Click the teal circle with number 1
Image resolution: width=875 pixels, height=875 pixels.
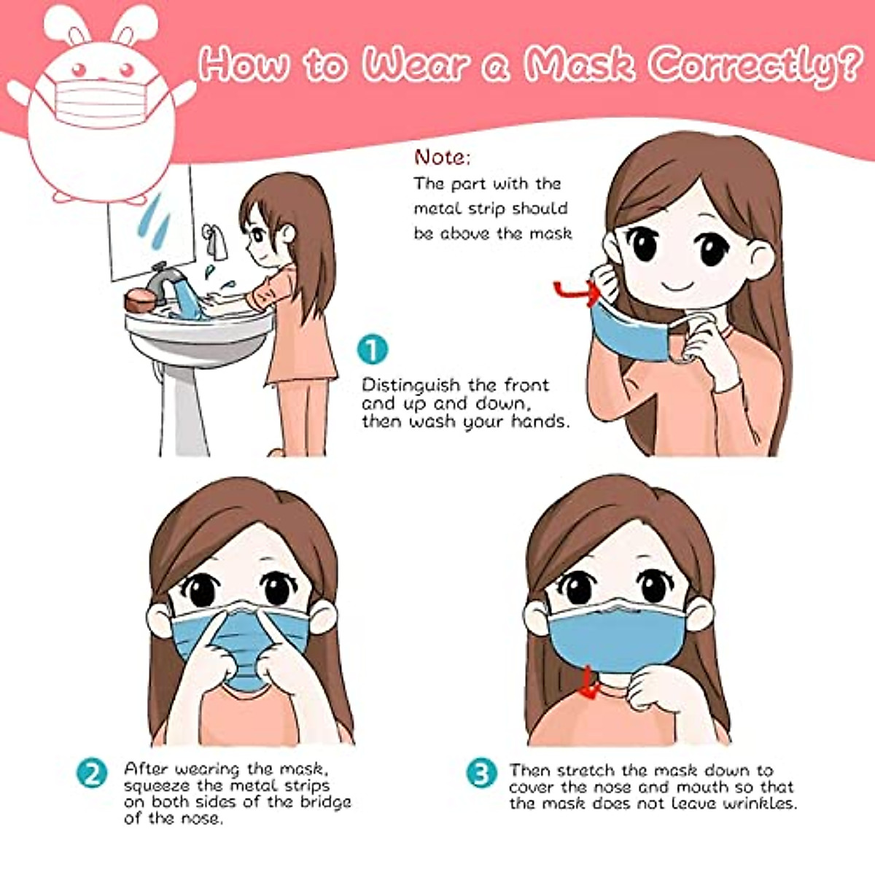tap(373, 350)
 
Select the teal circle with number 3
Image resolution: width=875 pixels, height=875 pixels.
tap(481, 774)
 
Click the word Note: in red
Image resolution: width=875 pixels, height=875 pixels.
tap(443, 157)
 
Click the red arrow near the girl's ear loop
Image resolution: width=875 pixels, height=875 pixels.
tap(576, 292)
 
